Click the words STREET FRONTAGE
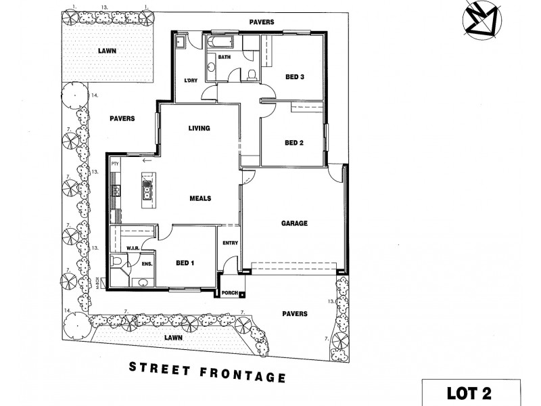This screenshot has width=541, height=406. [207, 371]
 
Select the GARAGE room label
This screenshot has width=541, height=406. [294, 223]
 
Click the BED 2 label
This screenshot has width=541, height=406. [294, 142]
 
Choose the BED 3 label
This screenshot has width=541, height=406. [294, 76]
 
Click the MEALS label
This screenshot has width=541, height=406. [201, 198]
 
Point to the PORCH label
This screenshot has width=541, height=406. [231, 293]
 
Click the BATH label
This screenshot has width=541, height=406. [225, 57]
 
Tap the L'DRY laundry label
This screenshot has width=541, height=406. [190, 83]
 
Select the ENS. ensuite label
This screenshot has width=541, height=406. [147, 264]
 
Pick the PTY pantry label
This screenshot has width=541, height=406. [115, 163]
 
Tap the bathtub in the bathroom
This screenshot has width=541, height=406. [223, 43]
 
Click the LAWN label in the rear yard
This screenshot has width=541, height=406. [105, 50]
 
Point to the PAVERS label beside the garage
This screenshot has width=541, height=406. [294, 313]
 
